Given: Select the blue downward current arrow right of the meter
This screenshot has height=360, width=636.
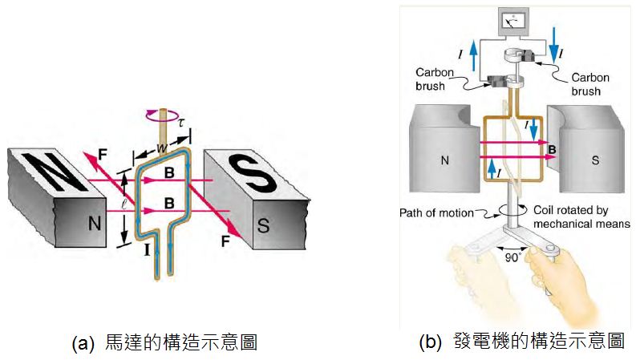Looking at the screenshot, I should click(554, 45).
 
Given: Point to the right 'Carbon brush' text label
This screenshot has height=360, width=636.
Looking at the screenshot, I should click(589, 84).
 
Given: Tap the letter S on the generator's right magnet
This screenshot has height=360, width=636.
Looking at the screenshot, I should click(595, 160).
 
